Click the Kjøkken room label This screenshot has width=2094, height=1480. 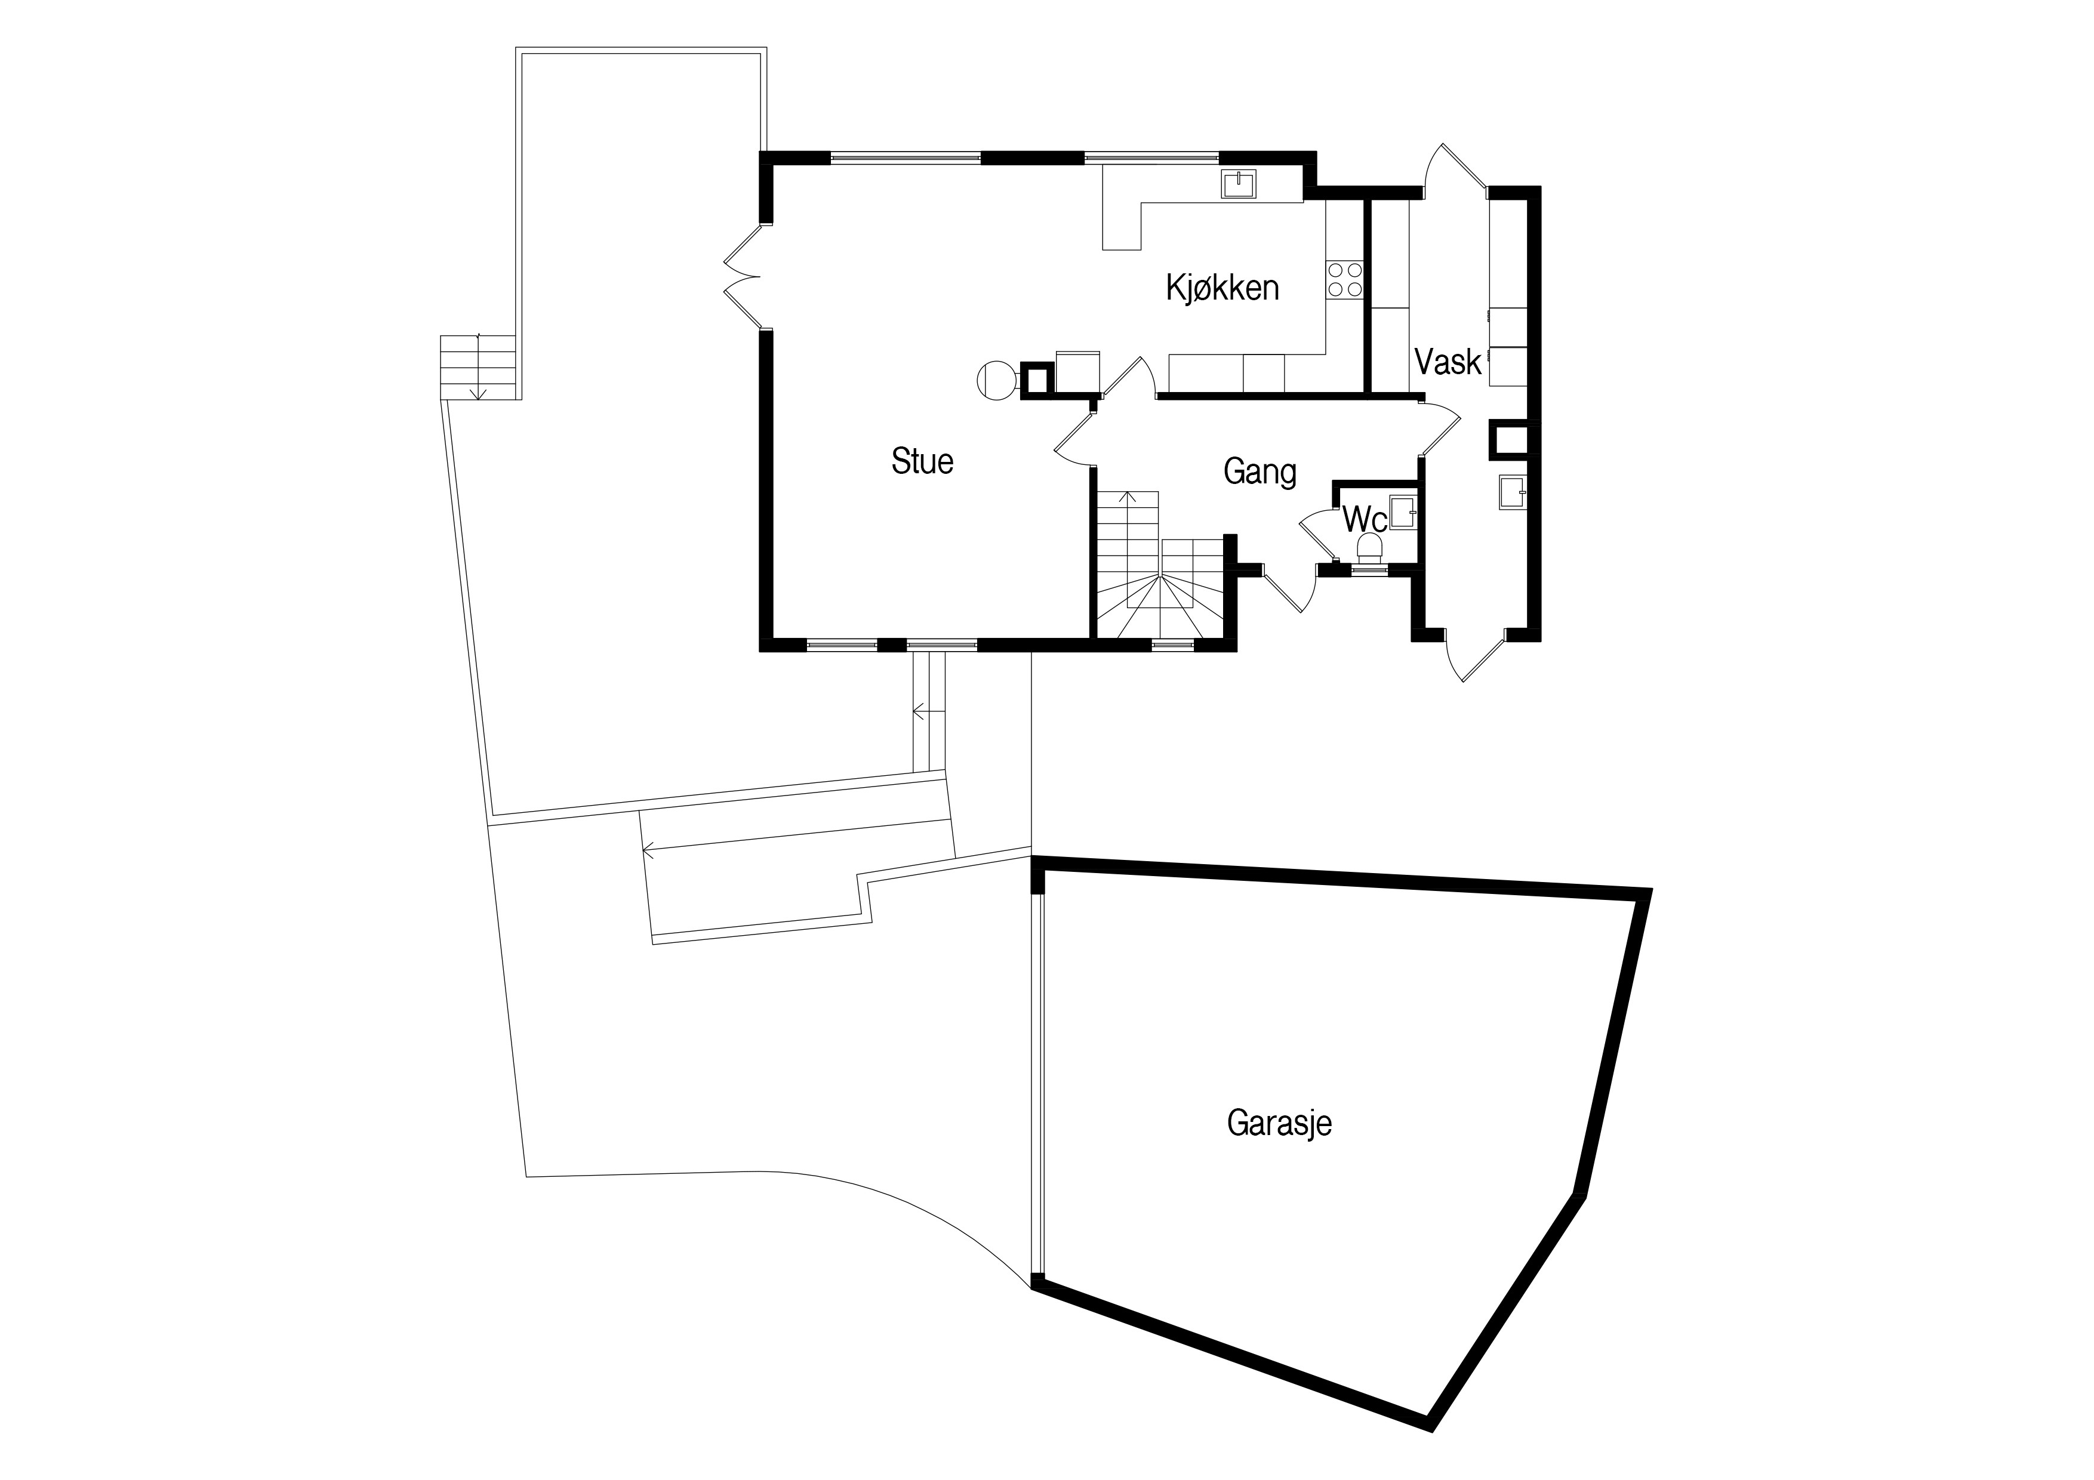[1222, 288]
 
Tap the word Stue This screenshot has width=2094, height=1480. [922, 461]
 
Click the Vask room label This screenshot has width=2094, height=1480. [1448, 362]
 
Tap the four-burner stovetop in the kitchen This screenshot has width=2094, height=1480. [1344, 279]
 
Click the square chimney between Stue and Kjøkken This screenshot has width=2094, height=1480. [1037, 380]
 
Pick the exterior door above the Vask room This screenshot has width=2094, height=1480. [1455, 169]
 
